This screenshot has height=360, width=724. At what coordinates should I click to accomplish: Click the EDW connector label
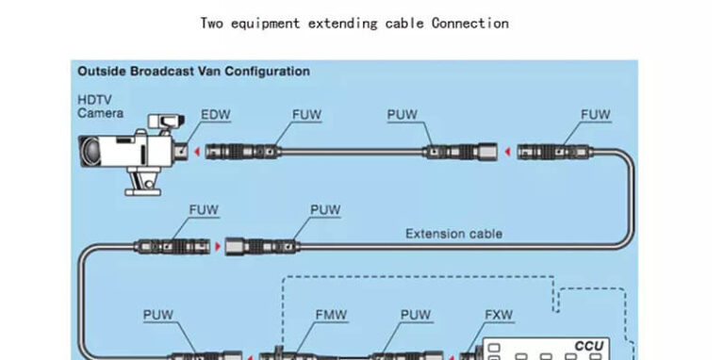[216, 115]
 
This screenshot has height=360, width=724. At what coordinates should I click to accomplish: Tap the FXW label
[499, 315]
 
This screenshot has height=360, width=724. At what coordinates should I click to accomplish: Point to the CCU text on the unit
[588, 346]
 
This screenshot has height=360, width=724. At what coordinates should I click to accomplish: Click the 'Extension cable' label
[453, 233]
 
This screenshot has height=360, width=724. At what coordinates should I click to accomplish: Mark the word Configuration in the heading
[264, 71]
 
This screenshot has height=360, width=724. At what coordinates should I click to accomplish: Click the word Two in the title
[212, 23]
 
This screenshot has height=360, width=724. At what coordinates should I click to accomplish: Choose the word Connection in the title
[469, 23]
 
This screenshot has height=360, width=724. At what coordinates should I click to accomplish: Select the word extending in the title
[343, 23]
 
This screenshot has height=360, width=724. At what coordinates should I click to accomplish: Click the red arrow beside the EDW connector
[195, 151]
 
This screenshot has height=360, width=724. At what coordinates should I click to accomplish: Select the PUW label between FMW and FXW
[416, 315]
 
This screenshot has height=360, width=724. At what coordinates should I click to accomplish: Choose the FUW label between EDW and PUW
[306, 115]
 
